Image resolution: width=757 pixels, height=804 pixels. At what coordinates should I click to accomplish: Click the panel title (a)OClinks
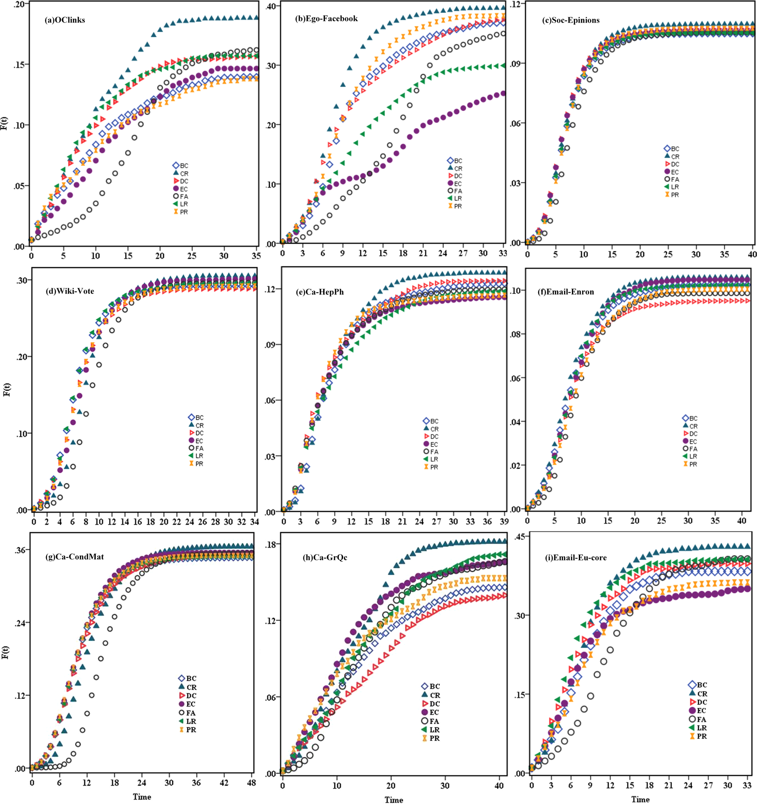(65, 20)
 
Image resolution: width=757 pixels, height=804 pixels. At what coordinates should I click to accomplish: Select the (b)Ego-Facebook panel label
(326, 19)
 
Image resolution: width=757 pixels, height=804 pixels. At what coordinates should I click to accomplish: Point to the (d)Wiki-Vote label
(70, 291)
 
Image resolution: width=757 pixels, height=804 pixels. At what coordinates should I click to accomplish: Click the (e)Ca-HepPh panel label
(320, 292)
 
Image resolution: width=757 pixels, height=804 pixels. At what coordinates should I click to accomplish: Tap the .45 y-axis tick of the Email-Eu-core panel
(518, 537)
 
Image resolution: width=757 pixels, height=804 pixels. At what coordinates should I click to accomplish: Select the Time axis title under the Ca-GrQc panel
(394, 799)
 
